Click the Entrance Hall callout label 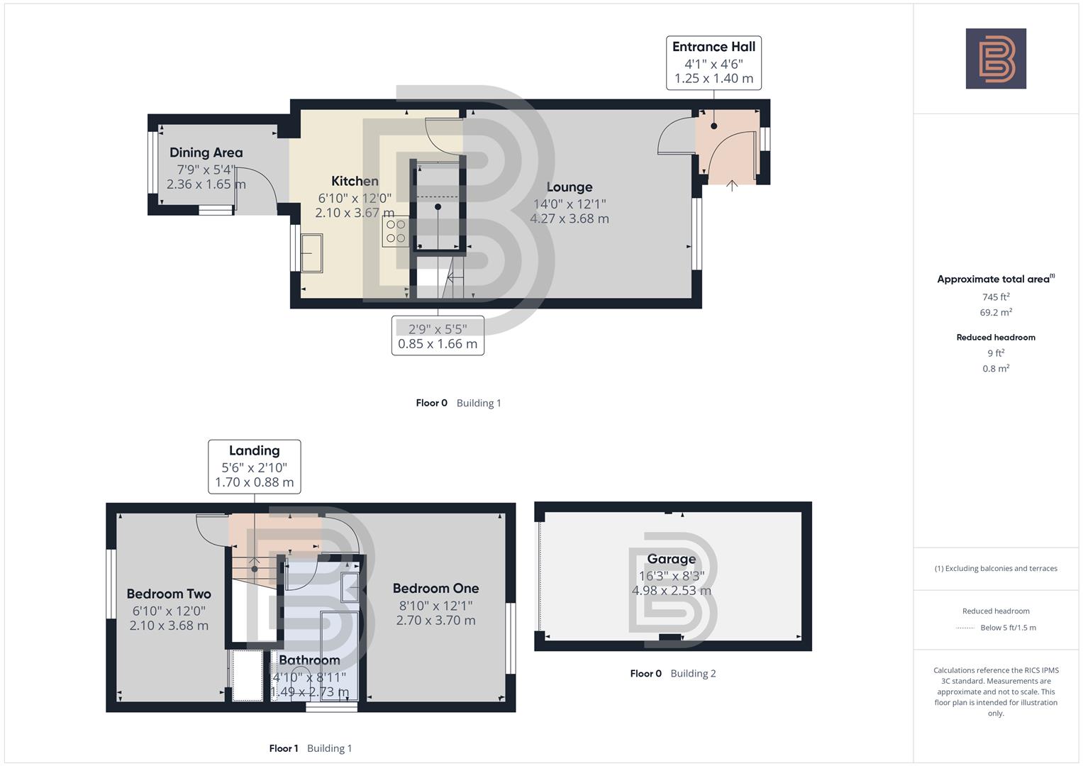(713, 47)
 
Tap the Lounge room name (569, 187)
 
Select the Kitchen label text (355, 181)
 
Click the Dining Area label (206, 152)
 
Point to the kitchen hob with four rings (395, 231)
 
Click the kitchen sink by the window (311, 253)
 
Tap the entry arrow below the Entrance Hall (732, 186)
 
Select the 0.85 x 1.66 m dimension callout (438, 344)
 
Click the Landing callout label (254, 450)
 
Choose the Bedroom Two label (169, 594)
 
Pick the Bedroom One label (435, 588)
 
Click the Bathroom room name (309, 660)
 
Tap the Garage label (671, 559)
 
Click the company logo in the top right (996, 59)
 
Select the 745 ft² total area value (996, 297)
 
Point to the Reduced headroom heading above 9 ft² (996, 338)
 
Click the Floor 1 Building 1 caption (311, 748)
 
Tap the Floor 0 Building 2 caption (673, 673)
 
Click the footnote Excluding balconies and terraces (996, 568)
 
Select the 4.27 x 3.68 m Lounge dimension (569, 218)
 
